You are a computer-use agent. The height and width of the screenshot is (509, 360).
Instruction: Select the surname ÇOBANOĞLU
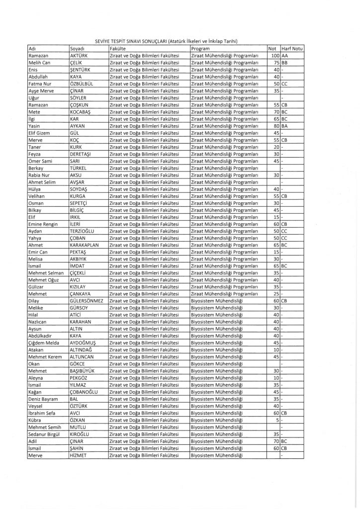click(85, 392)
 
